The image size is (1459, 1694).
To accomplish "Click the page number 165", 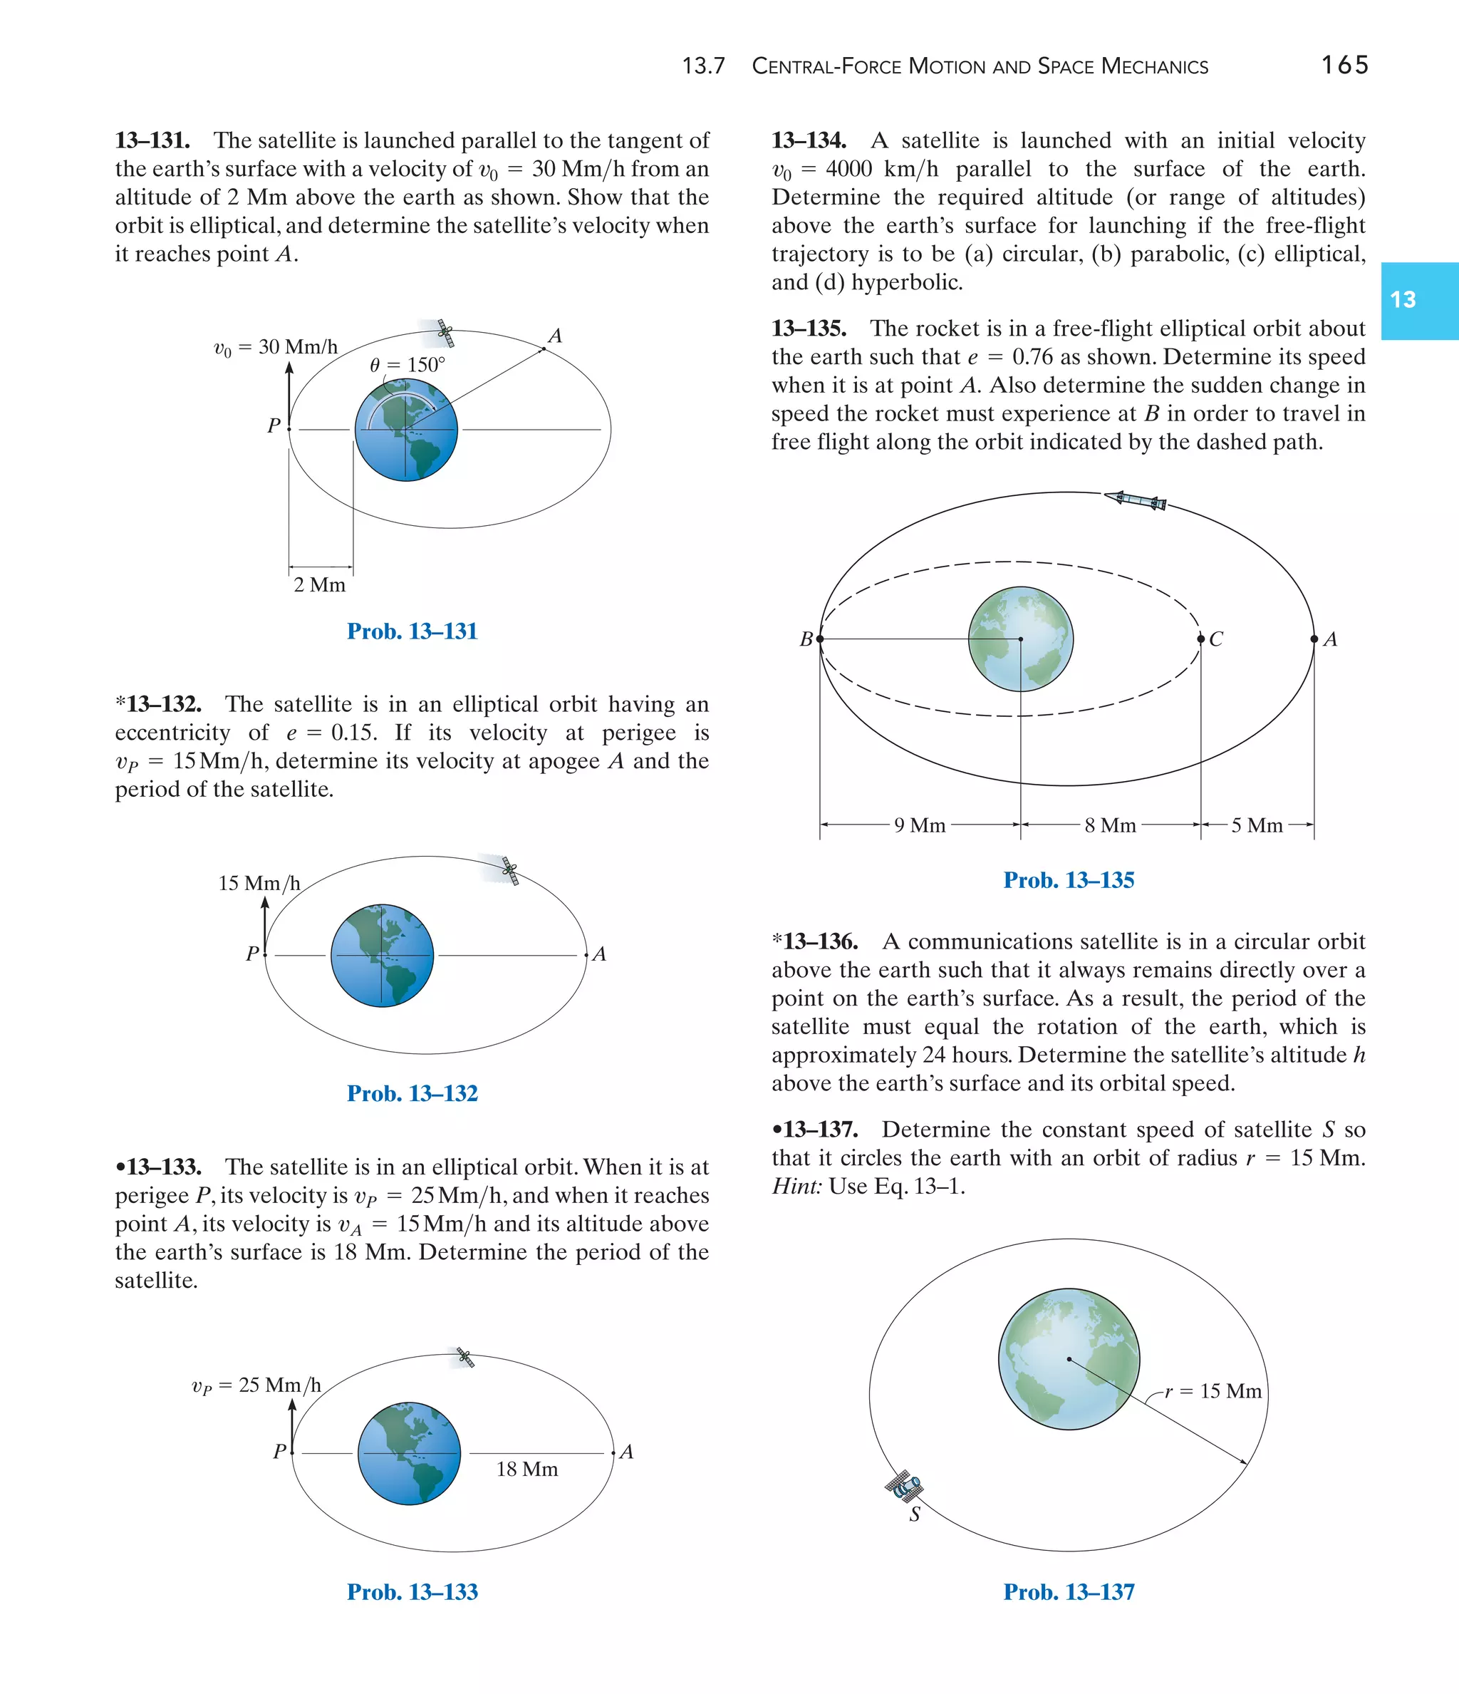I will point(1344,65).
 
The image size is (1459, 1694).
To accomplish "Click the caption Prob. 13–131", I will point(412,631).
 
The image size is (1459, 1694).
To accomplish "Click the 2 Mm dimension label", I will point(320,584).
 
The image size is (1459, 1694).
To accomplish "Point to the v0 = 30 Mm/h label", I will point(276,348).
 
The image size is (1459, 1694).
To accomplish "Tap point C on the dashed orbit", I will point(1200,639).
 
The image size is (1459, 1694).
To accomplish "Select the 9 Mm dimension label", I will point(920,825).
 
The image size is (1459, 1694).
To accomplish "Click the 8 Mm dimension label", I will point(1110,825).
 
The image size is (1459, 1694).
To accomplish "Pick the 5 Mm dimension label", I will point(1257,825).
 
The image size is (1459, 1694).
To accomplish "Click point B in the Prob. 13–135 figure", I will point(820,639).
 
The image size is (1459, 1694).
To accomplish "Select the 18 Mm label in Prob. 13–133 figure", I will point(527,1470).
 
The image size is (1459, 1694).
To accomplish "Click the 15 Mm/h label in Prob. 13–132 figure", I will point(259,883).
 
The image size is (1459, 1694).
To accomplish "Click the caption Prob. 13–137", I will point(1069,1592).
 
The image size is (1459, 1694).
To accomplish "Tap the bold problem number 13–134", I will point(809,140).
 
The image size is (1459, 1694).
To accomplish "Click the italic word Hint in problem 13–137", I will point(796,1187).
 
